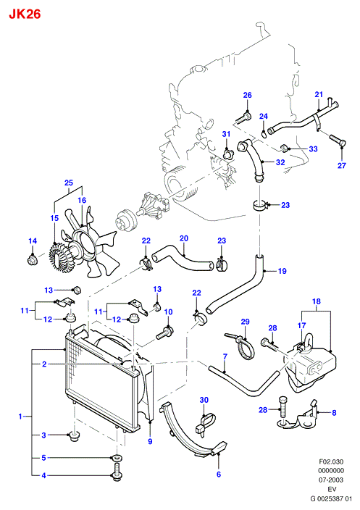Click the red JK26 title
tap(25, 14)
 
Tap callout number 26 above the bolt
tap(248, 95)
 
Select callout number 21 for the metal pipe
tap(319, 94)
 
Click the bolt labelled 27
tap(338, 141)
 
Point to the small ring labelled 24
tap(264, 133)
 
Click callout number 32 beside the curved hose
tap(280, 162)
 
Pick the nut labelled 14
tap(32, 259)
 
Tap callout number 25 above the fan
tap(69, 183)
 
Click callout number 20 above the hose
tap(184, 238)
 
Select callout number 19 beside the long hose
tap(282, 271)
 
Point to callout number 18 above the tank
tap(317, 301)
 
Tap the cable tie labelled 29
tap(243, 347)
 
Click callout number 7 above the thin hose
tap(225, 356)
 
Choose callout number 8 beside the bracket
tap(334, 413)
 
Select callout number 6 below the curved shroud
tap(219, 475)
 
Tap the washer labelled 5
tap(117, 459)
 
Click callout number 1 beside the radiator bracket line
tap(20, 416)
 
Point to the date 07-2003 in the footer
tap(331, 480)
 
